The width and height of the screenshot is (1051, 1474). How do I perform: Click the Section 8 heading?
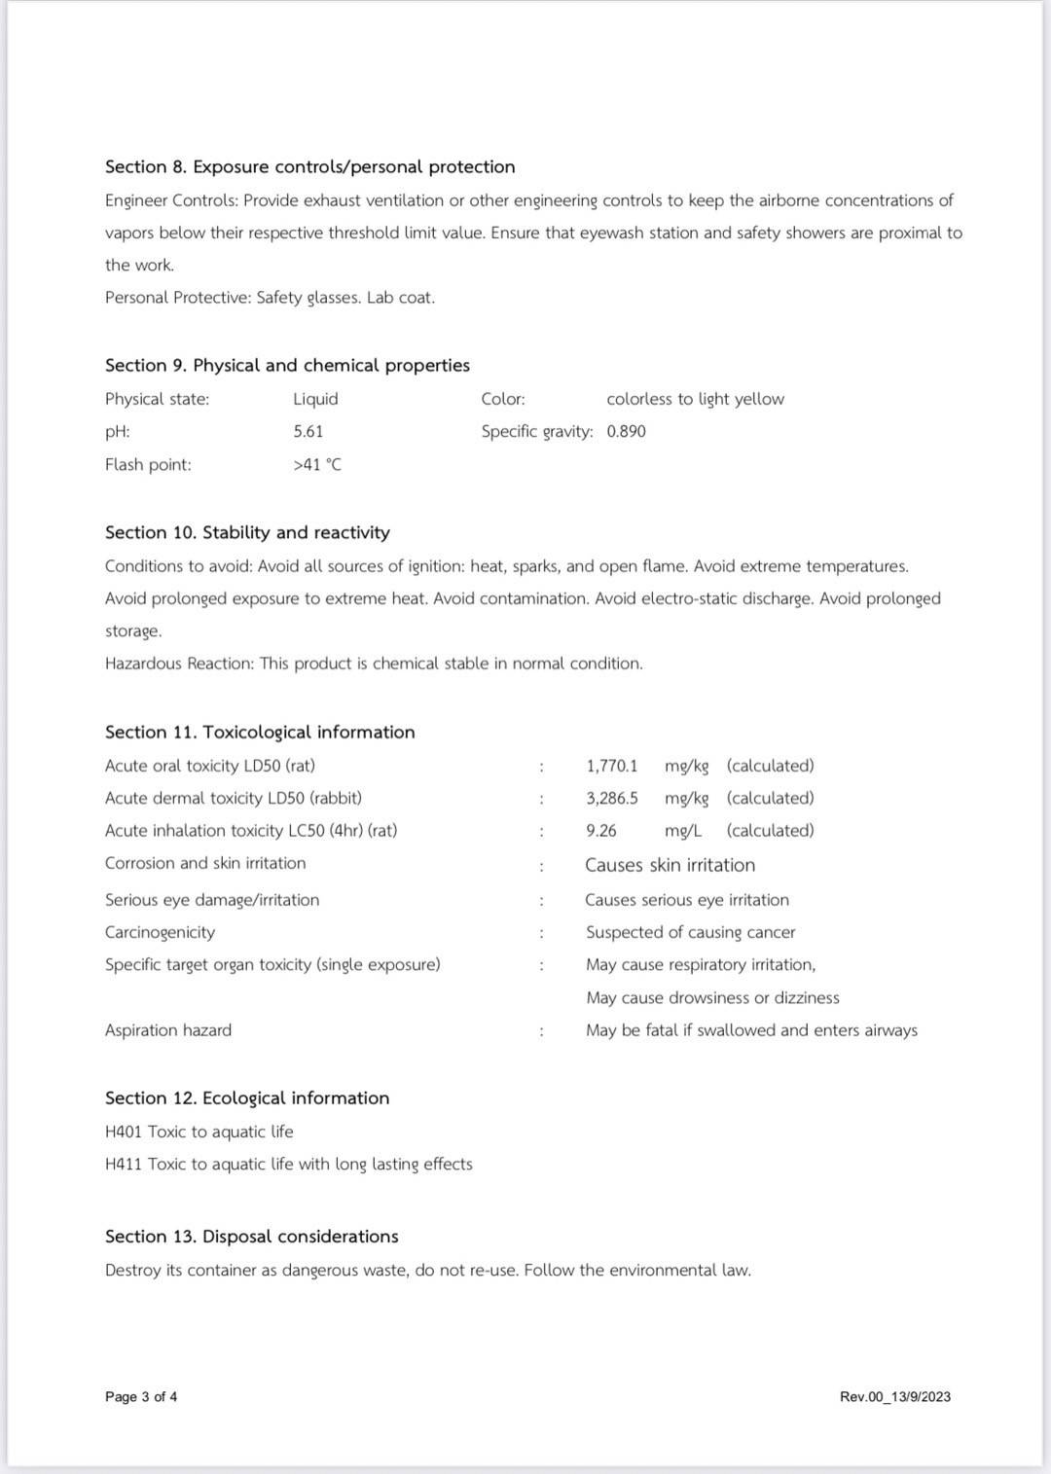tap(309, 166)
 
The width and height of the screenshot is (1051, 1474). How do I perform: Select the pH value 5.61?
tap(308, 431)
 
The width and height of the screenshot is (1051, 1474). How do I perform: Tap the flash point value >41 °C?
tap(317, 464)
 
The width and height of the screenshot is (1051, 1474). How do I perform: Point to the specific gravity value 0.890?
tap(626, 431)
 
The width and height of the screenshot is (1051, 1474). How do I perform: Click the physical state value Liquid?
tap(315, 399)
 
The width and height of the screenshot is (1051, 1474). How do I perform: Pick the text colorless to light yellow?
tap(695, 399)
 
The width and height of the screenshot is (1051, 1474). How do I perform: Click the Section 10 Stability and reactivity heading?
tap(247, 532)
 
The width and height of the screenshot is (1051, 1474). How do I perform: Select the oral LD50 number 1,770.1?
tap(611, 766)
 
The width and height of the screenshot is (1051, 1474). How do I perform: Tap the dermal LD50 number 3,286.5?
tap(611, 798)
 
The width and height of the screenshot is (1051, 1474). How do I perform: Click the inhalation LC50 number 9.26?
tap(600, 830)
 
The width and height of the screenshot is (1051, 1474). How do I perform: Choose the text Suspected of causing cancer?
tap(690, 932)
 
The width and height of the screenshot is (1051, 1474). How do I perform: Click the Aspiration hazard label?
tap(168, 1029)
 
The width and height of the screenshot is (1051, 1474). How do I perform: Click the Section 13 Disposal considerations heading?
tap(251, 1236)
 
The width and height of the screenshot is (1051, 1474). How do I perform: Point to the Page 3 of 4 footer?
tap(141, 1396)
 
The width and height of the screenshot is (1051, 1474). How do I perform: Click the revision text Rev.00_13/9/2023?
tap(894, 1396)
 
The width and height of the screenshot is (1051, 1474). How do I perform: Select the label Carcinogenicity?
tap(160, 932)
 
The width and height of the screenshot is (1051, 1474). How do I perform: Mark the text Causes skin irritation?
tap(670, 865)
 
